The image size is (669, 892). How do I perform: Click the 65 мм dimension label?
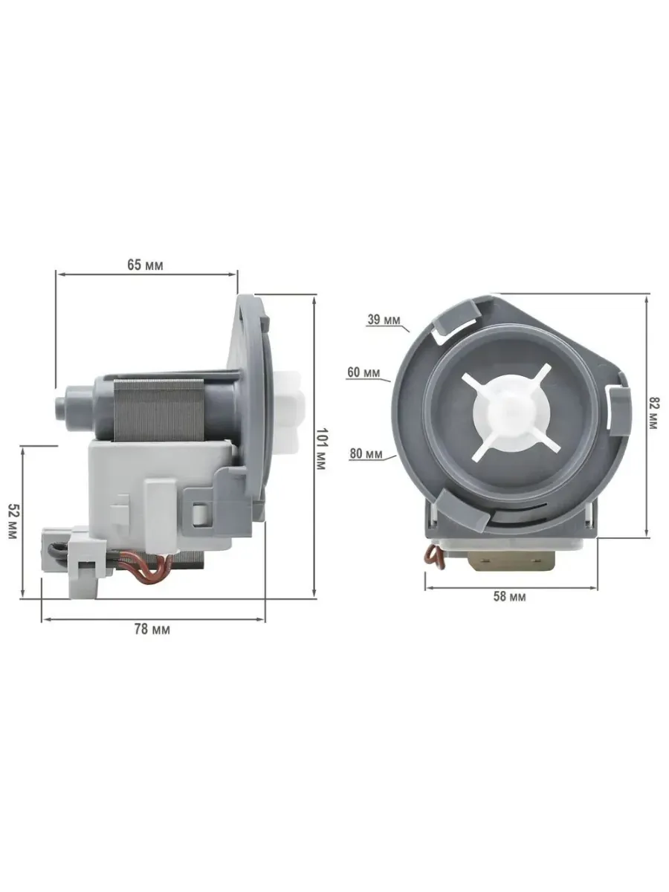coord(145,265)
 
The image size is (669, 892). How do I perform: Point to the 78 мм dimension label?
coord(152,629)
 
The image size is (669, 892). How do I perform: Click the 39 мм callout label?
coord(384,320)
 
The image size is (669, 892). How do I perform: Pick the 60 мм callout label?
coord(363,372)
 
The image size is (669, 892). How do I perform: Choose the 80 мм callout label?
coord(366,453)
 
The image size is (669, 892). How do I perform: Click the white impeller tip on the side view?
coord(296,408)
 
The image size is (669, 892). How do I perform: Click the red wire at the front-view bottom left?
coord(430,552)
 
